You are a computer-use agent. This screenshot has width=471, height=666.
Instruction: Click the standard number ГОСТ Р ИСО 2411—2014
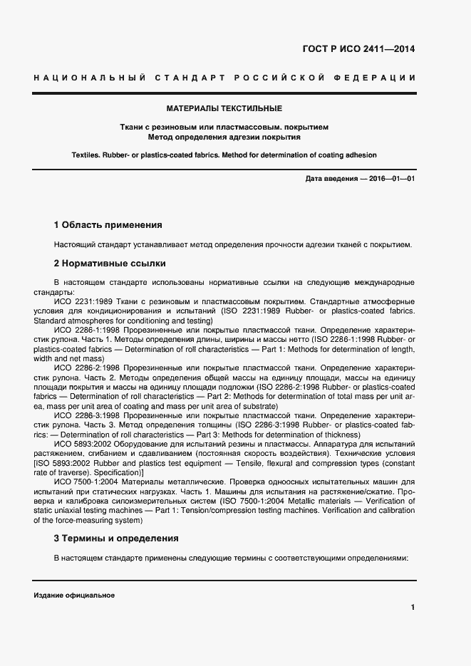(363, 49)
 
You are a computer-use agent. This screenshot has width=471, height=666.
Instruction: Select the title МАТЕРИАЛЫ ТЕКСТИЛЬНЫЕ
(224, 109)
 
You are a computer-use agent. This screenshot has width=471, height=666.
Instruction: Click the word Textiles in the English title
(88, 155)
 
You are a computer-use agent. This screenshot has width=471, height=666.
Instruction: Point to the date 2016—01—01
(391, 178)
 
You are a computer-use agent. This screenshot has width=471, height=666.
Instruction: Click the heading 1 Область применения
(108, 225)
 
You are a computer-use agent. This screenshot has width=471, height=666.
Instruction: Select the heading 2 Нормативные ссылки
(110, 263)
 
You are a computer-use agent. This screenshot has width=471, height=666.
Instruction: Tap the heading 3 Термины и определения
(116, 538)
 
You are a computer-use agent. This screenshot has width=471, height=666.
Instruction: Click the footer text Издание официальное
(74, 595)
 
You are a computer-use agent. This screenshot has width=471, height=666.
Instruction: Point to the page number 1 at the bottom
(413, 607)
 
